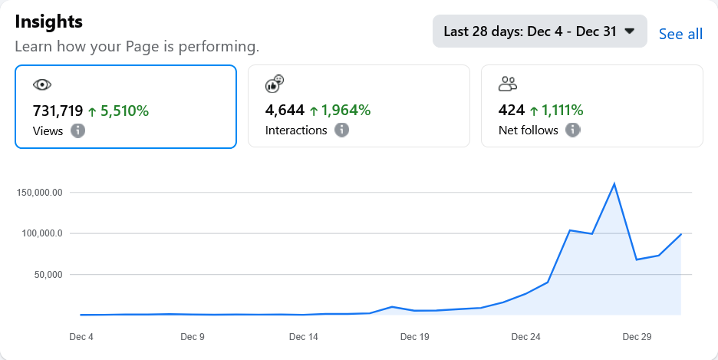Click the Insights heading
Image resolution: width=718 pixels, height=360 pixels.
[49, 21]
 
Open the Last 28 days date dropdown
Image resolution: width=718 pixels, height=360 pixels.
[539, 31]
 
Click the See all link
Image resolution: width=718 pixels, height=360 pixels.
[680, 34]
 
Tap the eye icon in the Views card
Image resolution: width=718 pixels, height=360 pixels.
[42, 84]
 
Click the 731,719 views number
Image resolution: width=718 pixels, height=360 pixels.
[58, 111]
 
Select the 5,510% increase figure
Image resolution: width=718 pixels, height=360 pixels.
[118, 111]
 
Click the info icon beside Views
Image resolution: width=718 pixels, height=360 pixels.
[77, 130]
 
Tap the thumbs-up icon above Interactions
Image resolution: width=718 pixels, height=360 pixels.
[275, 84]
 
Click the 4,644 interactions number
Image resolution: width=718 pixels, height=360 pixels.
[285, 111]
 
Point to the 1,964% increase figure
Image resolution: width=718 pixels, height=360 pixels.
[340, 111]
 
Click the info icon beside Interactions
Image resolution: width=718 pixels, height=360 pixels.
[341, 130]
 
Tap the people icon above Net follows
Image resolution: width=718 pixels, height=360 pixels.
[508, 84]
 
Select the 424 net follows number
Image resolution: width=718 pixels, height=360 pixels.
[511, 111]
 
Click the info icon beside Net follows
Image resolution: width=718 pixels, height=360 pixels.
[572, 130]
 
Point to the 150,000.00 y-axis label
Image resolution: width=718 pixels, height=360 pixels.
[39, 192]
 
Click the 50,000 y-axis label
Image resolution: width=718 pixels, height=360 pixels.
[45, 274]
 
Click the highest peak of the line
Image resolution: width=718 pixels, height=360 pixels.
[614, 183]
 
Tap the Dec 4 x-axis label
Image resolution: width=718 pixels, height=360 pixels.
[81, 336]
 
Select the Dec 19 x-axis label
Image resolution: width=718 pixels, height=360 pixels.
[414, 336]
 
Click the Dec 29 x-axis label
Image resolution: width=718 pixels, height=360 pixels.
[637, 336]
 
